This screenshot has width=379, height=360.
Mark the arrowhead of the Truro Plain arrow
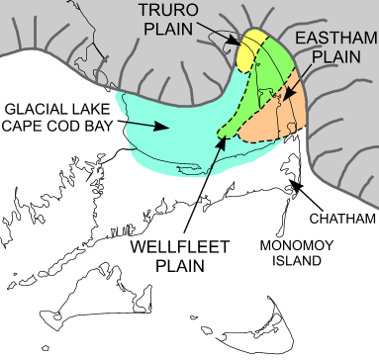point(243,44)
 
